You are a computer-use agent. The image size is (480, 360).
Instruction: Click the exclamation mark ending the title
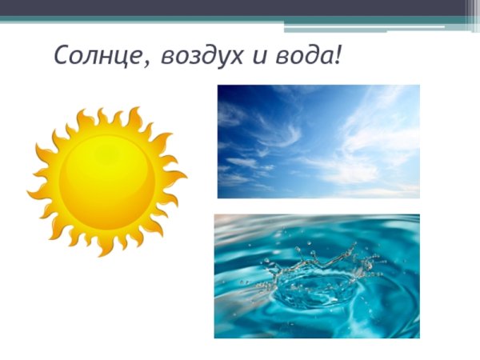click(339, 55)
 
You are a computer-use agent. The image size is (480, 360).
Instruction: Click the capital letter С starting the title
click(63, 56)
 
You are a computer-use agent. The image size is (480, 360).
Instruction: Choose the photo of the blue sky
click(318, 142)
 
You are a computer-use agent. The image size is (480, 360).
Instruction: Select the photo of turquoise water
click(317, 276)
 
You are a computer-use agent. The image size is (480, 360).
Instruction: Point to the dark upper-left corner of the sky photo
click(226, 93)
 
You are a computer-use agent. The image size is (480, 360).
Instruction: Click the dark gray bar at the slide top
click(240, 8)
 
